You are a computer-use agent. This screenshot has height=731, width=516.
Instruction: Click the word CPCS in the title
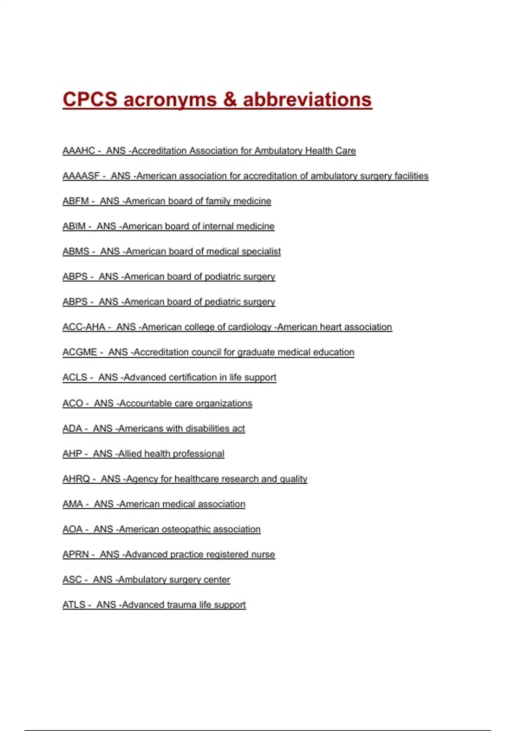pyautogui.click(x=90, y=99)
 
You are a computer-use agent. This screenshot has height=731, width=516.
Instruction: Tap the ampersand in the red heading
pyautogui.click(x=230, y=99)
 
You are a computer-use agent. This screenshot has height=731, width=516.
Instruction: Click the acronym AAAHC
pyautogui.click(x=79, y=151)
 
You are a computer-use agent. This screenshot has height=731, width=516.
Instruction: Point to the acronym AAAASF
pyautogui.click(x=81, y=176)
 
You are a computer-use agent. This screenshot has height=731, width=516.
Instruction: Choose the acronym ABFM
pyautogui.click(x=76, y=201)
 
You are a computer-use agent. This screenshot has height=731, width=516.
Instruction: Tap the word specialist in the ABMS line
pyautogui.click(x=261, y=252)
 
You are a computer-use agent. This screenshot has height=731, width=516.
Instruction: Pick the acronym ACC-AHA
pyautogui.click(x=84, y=327)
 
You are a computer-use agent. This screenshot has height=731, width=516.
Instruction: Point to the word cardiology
pyautogui.click(x=249, y=327)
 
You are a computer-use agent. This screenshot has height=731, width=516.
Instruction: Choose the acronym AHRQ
pyautogui.click(x=76, y=479)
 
